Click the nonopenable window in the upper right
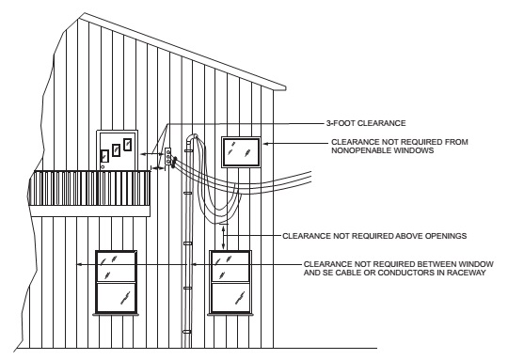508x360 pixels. [x=241, y=151]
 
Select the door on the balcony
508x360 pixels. [x=118, y=150]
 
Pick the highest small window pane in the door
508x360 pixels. [x=126, y=145]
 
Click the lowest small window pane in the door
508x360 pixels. [x=105, y=157]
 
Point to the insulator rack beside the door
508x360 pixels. [x=167, y=157]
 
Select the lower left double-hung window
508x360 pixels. [x=116, y=282]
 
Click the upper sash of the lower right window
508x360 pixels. [x=230, y=266]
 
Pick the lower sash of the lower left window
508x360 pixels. [x=116, y=297]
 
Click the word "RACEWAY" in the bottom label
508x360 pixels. [x=466, y=273]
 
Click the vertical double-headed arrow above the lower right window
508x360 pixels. [x=223, y=235]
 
